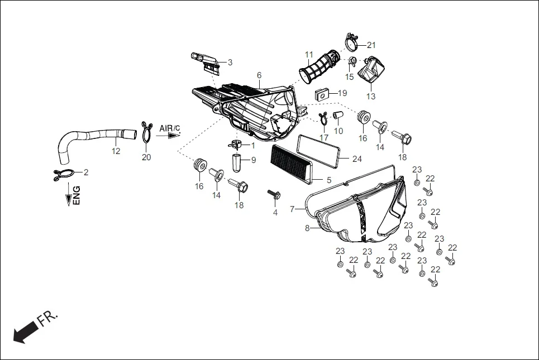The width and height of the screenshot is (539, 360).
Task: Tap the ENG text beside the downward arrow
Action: coord(77,195)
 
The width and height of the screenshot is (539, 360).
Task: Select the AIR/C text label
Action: coord(169,128)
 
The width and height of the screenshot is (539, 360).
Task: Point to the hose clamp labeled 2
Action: coord(63,174)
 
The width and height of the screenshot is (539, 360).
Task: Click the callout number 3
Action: coord(230,62)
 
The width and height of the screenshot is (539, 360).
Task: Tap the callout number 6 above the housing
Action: coord(259,75)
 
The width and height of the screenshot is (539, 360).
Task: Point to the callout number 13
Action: coord(371,96)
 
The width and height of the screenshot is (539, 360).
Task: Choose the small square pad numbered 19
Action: coord(322,94)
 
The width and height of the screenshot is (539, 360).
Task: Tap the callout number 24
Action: coord(357,159)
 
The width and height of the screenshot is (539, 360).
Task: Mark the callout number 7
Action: coord(292,209)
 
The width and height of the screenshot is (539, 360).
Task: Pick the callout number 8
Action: coord(307,228)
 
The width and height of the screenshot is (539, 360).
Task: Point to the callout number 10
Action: coord(338,131)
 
